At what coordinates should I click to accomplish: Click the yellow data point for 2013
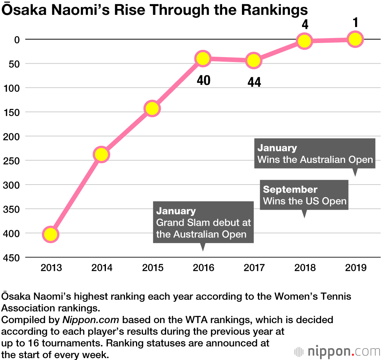pos(51,234)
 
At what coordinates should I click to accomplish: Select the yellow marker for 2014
pos(101,155)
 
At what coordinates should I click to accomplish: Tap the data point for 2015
pos(152,109)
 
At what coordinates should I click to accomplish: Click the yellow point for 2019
pos(355,39)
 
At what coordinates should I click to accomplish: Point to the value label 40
pos(203,80)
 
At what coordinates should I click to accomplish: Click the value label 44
pos(254,82)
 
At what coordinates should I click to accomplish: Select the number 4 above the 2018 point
pos(305,25)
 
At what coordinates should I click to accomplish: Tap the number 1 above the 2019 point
pos(355,23)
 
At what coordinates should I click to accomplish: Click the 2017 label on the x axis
pos(254,268)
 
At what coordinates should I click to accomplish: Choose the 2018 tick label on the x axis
pos(305,268)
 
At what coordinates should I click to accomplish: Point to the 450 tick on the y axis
pos(13,258)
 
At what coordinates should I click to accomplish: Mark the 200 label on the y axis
pos(13,136)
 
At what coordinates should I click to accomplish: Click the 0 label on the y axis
pos(17,39)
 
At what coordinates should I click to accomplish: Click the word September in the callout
pos(290,190)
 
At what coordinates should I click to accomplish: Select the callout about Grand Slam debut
pos(203,222)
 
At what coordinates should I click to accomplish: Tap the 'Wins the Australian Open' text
pos(315,159)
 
